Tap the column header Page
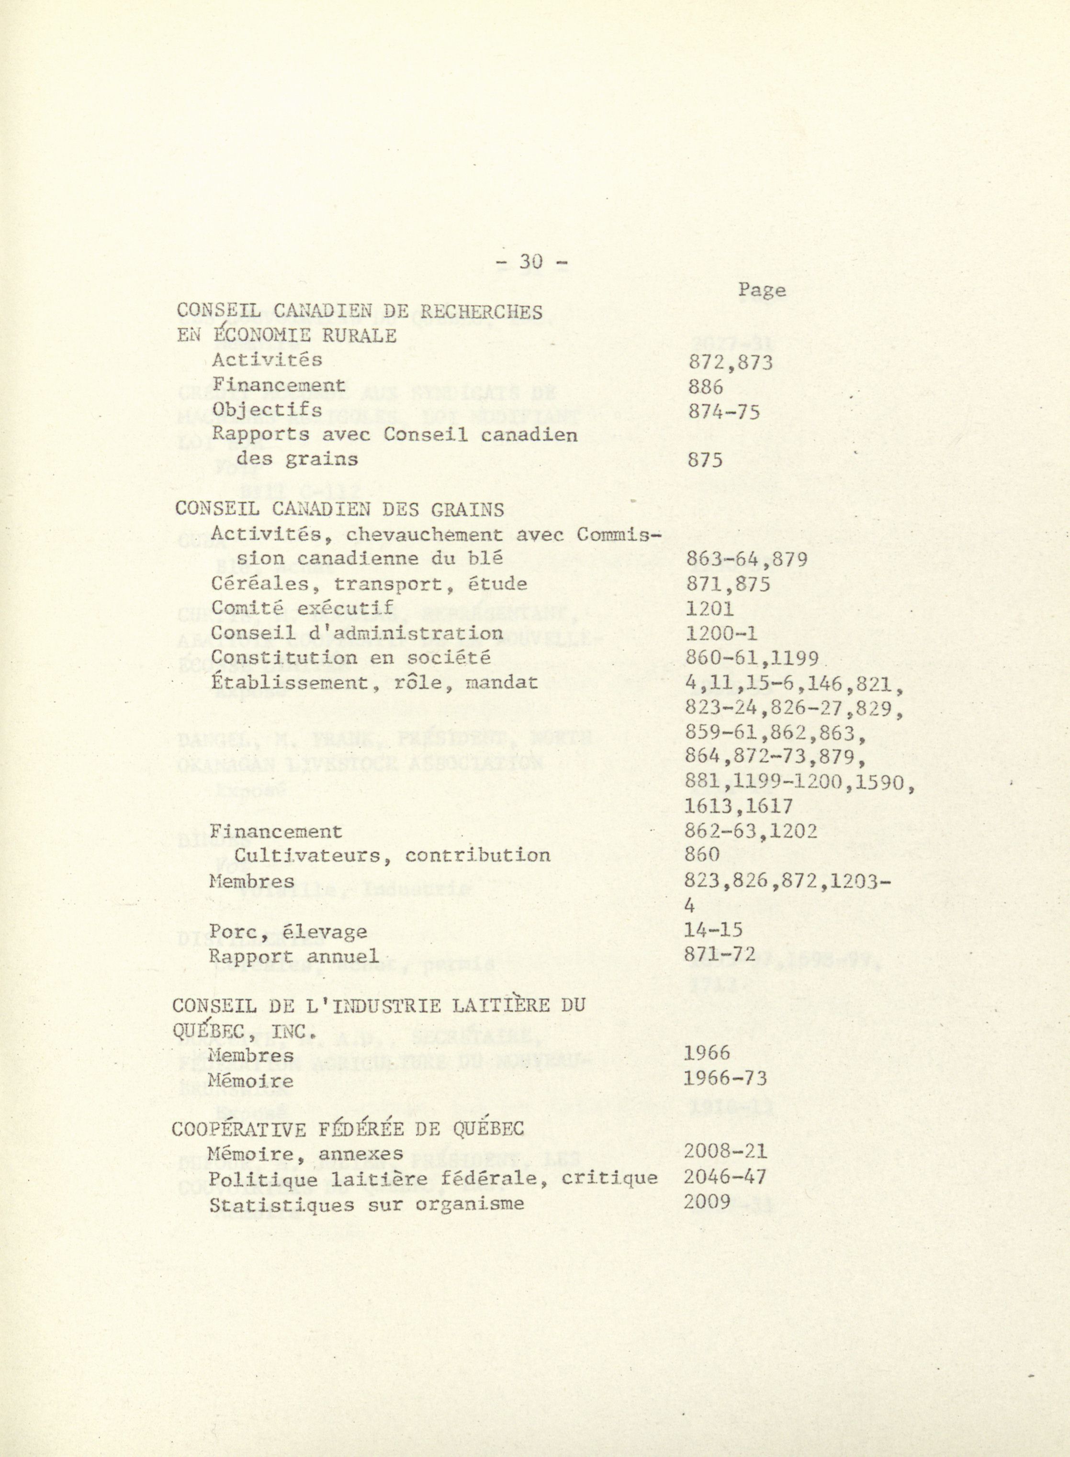tap(762, 290)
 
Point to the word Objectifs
tap(267, 411)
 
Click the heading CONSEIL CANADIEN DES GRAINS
tap(339, 510)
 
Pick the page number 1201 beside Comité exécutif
tap(709, 609)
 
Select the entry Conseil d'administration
tap(357, 633)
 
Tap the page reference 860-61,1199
tap(751, 658)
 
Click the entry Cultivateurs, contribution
tap(392, 856)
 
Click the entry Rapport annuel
tap(294, 957)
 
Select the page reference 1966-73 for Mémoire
tap(725, 1079)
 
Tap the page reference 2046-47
tap(725, 1178)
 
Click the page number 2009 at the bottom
tap(707, 1202)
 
